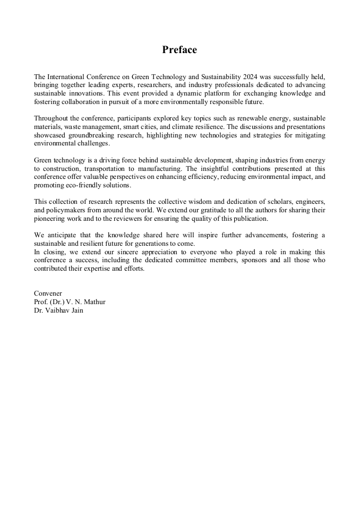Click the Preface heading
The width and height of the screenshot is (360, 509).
pos(179,50)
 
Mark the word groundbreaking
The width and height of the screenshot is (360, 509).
pos(92,135)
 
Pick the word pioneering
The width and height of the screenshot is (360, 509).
pos(51,219)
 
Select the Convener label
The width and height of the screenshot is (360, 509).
pos(48,294)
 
